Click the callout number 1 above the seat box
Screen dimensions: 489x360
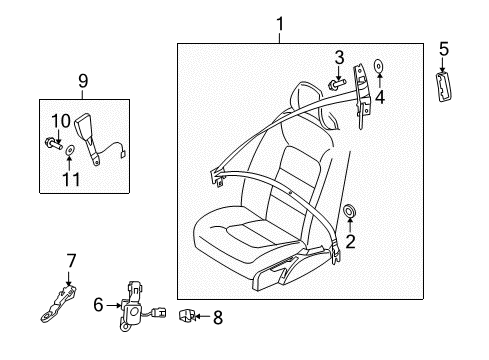pos(280,24)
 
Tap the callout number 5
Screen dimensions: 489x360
pos(444,49)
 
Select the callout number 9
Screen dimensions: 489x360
pos(83,81)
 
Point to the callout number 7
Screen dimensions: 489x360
pos(71,261)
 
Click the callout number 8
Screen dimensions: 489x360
pos(218,317)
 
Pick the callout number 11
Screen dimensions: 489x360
pos(72,179)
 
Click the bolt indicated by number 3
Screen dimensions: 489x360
pos(337,83)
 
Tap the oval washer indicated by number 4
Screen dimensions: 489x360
pos(379,66)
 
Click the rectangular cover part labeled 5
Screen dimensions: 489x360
pos(443,86)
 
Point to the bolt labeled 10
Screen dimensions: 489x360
pos(53,144)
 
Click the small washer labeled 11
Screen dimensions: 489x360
pos(70,150)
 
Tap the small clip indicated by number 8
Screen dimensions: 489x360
pos(186,316)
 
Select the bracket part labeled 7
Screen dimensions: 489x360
pos(59,304)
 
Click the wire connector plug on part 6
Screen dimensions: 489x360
pos(158,313)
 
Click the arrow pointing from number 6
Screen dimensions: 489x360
pos(114,305)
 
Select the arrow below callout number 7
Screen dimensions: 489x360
pos(69,278)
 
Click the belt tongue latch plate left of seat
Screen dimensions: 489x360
pos(217,178)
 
